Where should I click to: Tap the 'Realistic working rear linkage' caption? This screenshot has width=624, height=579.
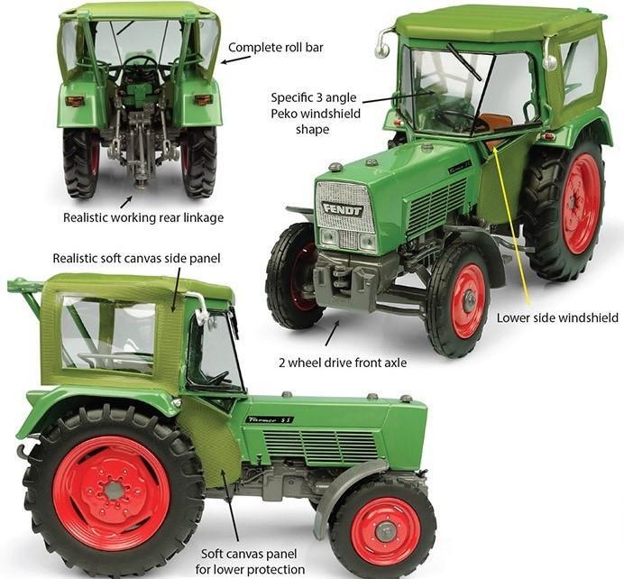click(x=143, y=217)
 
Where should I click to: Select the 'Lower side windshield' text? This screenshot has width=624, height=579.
click(x=557, y=317)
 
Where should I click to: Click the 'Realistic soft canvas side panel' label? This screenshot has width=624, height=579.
click(x=136, y=259)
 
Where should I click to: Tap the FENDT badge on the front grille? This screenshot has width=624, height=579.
click(x=343, y=210)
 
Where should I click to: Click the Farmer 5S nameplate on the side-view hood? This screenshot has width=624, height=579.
click(x=270, y=419)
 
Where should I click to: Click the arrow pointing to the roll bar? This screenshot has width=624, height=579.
click(x=236, y=59)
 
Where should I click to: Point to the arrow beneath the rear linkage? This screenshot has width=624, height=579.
click(x=127, y=201)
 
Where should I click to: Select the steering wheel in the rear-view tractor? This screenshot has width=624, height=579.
click(x=140, y=63)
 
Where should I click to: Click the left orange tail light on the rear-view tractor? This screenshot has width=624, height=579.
click(x=75, y=101)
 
